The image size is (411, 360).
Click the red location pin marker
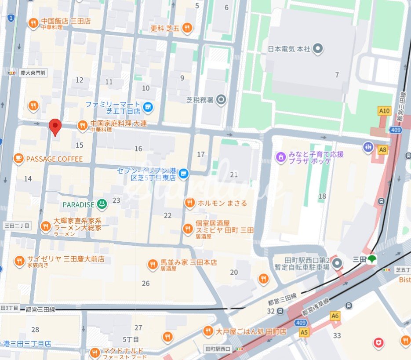click(55, 127)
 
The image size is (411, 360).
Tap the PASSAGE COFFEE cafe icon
click(18, 159)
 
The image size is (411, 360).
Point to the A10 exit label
click(384, 111)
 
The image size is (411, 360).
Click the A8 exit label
click(383, 150)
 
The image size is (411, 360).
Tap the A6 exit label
click(335, 316)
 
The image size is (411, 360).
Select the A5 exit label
click(304, 332)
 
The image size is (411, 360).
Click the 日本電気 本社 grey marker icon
click(317, 49)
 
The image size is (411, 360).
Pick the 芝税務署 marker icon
click(222, 100)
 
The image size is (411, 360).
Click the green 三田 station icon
click(372, 259)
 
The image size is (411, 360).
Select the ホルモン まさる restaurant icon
click(189, 203)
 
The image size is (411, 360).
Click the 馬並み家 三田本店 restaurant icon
click(152, 264)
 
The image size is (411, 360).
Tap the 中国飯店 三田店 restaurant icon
click(33, 23)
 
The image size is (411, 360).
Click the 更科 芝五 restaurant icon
click(187, 28)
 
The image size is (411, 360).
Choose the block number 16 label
click(138, 149)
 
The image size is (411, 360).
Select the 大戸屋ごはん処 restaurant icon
click(208, 331)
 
